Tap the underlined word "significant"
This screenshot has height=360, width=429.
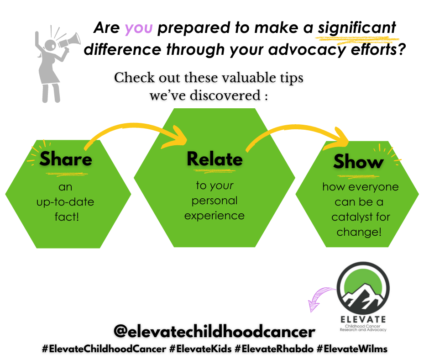[357, 28]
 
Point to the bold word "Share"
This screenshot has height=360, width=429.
[66, 159]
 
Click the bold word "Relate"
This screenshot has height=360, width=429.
[214, 159]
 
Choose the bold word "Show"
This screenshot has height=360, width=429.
[358, 161]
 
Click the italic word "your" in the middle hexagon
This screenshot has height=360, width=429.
[222, 186]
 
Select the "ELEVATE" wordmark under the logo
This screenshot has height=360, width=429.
[363, 319]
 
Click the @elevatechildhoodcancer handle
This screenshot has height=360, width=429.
[214, 332]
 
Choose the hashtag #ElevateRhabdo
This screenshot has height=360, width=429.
[274, 349]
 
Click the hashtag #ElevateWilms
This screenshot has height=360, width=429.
[352, 349]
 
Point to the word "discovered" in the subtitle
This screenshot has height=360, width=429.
[229, 97]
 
